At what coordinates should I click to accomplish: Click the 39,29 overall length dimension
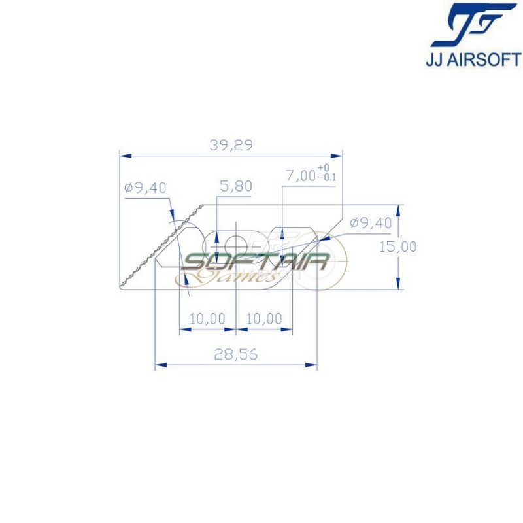coord(231,146)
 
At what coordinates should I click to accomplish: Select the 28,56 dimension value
coord(235,354)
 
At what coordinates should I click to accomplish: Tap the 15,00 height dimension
coord(397,246)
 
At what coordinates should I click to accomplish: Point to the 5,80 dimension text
coord(235,186)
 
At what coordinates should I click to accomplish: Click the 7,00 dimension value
coord(301,176)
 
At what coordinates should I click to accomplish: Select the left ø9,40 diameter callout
coord(145,188)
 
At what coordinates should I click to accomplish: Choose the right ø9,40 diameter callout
coord(371,223)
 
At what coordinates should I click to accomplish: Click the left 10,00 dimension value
coord(207,319)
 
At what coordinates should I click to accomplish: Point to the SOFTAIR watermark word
coord(255,262)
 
